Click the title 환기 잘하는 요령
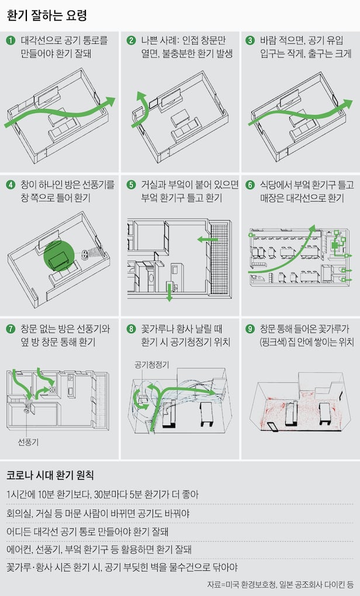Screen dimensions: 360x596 [47, 16]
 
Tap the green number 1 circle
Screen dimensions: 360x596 [11, 40]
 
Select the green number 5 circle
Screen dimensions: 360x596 [131, 185]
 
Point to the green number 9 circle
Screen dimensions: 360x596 [250, 329]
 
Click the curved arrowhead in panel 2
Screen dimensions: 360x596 [142, 96]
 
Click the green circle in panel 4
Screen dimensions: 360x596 [59, 256]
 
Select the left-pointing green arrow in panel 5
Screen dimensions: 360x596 [207, 240]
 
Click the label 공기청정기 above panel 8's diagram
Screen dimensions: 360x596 [152, 365]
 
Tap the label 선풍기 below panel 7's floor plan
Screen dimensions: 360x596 [28, 442]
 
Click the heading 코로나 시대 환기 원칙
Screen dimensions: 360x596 [50, 475]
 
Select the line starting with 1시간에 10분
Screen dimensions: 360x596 [103, 494]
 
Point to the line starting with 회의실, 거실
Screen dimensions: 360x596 [98, 513]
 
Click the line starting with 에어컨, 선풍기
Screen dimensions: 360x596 [99, 549]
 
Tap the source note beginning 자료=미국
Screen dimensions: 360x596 [280, 584]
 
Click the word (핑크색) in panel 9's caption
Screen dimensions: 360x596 [272, 342]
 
